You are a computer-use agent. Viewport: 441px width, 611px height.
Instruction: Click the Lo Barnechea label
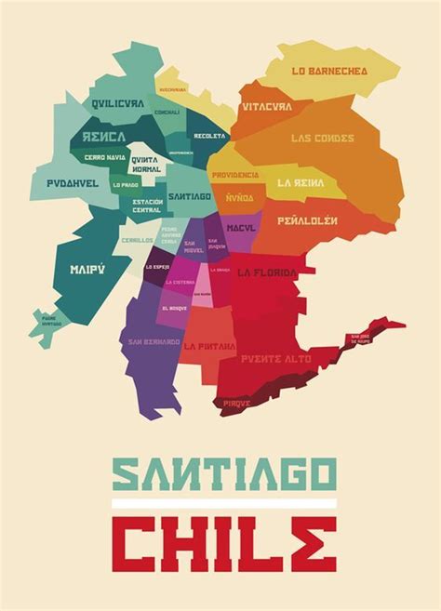click(329, 71)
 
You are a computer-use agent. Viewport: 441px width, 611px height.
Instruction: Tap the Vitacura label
click(267, 107)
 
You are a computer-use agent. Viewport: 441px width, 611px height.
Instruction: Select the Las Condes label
click(322, 138)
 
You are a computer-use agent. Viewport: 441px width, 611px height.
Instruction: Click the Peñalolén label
click(306, 221)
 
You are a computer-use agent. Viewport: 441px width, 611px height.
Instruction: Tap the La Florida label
click(267, 272)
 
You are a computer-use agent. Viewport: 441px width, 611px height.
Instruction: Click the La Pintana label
click(208, 345)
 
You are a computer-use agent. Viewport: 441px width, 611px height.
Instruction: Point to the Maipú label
click(85, 271)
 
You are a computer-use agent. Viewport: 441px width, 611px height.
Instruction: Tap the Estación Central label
click(147, 206)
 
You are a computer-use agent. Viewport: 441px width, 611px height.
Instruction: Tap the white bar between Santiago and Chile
click(220, 503)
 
